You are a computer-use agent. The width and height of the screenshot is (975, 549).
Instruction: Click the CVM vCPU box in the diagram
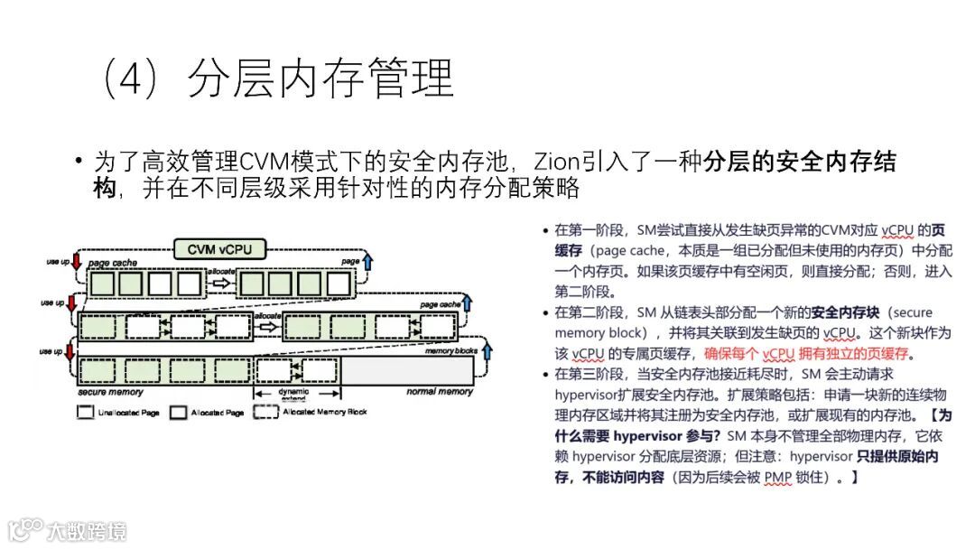point(218,247)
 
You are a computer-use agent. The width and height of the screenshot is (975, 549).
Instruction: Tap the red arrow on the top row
point(76,263)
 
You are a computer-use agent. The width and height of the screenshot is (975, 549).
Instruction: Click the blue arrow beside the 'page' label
point(367,262)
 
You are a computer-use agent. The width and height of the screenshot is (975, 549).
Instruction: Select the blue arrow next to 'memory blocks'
point(487,348)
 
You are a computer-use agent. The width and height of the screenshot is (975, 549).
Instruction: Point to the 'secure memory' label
point(109,392)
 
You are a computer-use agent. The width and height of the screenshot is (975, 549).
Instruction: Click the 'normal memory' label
point(440,392)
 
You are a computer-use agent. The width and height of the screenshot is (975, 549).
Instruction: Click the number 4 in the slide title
point(132,80)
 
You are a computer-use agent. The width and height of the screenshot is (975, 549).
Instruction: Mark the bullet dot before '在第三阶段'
point(543,373)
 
